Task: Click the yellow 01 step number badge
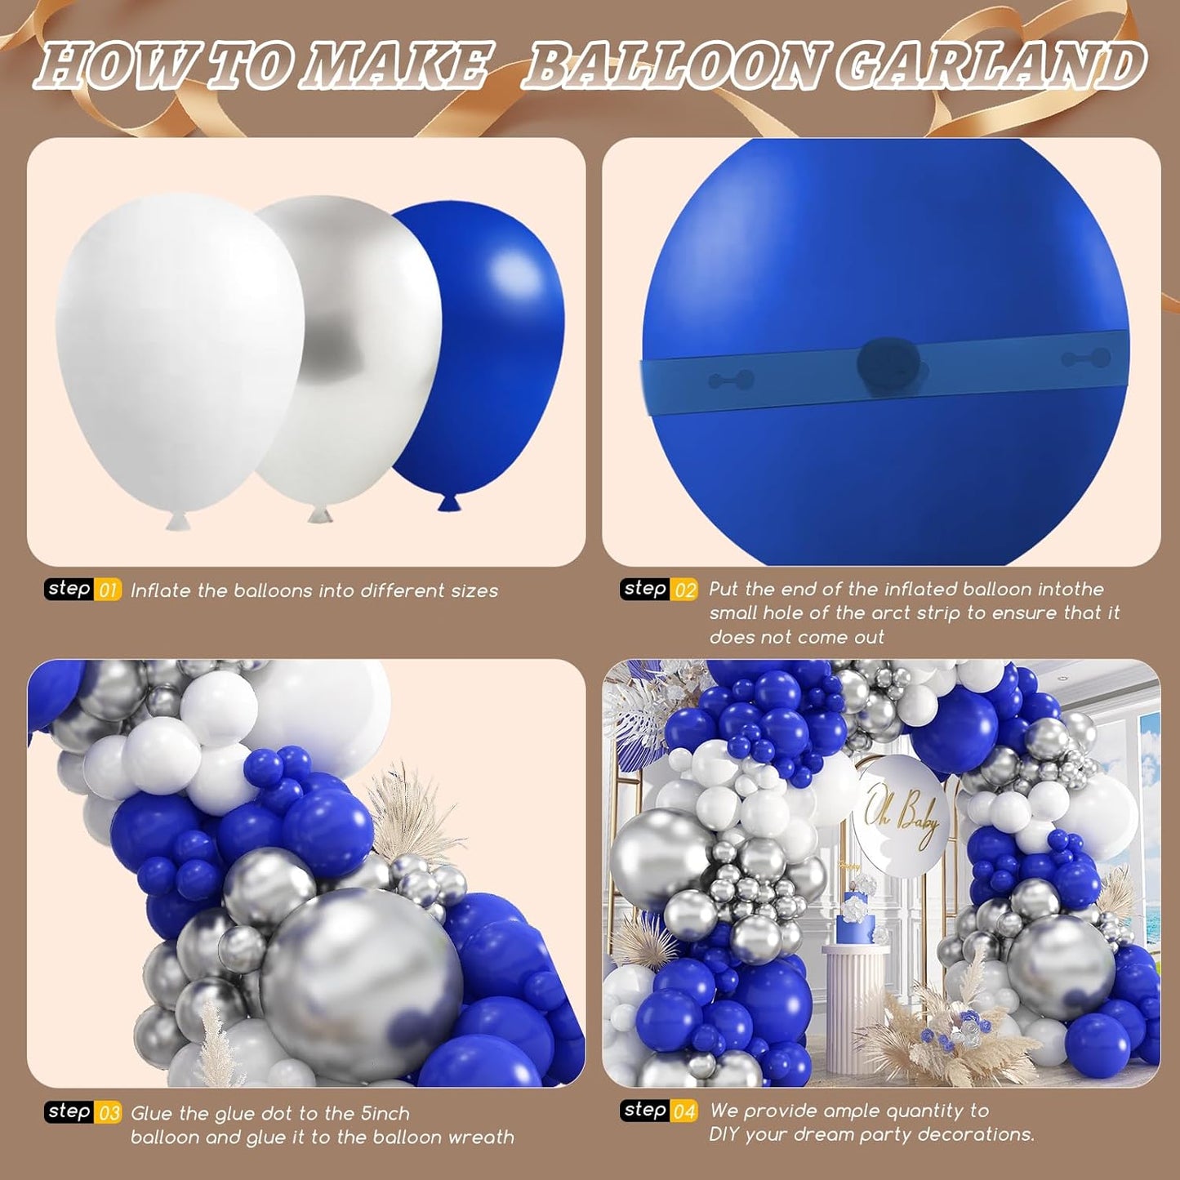point(108,590)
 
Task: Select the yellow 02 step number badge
point(684,590)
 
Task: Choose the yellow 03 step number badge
point(108,1112)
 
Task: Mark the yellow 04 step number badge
point(684,1111)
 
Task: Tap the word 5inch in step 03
point(385,1113)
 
